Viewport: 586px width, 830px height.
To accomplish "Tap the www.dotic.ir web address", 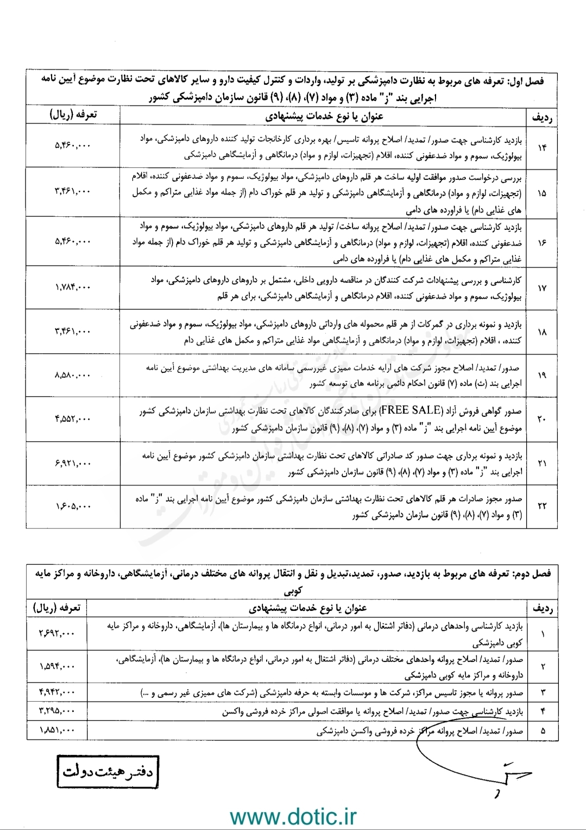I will (x=293, y=816).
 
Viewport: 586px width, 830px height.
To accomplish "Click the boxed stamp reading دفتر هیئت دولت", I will (x=108, y=771).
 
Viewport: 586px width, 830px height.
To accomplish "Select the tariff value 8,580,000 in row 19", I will (x=73, y=375).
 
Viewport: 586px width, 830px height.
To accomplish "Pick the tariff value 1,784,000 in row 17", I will (x=73, y=287).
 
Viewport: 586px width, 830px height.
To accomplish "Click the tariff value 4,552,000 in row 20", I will (x=73, y=419).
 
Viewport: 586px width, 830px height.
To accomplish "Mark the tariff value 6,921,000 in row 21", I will (x=73, y=463).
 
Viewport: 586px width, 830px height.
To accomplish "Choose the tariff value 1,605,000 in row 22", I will (x=73, y=506).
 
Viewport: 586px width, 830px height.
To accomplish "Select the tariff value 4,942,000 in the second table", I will (x=57, y=691).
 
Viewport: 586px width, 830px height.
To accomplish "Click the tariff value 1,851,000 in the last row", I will (x=57, y=731).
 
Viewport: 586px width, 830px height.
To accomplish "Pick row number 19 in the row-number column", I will (x=541, y=375).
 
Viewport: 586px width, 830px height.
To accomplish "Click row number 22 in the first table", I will (x=541, y=506).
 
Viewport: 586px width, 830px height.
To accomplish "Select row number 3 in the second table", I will (x=543, y=692).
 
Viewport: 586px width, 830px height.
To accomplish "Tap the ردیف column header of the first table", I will (x=541, y=118).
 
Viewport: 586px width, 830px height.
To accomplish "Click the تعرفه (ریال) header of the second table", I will (x=56, y=607).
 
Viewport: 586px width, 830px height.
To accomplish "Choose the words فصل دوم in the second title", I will (x=535, y=573).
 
